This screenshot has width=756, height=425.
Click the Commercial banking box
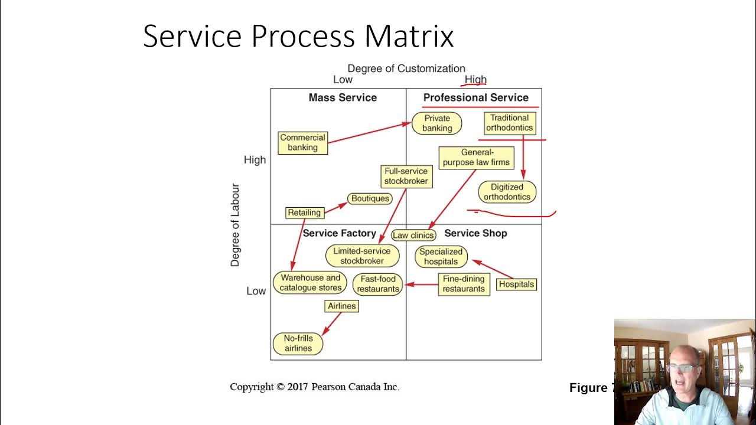[x=303, y=143]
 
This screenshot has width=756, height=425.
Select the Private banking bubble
[x=436, y=123]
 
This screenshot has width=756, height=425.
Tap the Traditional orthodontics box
[x=510, y=123]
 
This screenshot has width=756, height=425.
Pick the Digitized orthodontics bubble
[x=507, y=192]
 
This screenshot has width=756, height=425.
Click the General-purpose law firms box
[x=476, y=158]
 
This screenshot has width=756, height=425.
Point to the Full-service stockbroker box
[x=406, y=176]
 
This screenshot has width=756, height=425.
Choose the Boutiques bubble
[x=370, y=198]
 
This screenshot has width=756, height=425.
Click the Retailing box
[x=305, y=212]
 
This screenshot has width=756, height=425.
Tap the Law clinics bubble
[x=413, y=235]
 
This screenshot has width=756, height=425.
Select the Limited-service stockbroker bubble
[x=362, y=256]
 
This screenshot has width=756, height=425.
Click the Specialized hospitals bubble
[x=441, y=257]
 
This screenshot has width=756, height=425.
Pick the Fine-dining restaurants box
[x=464, y=285]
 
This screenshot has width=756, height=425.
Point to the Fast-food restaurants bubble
[x=377, y=284]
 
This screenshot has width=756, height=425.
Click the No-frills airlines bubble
[x=298, y=344]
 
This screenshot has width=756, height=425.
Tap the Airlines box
[x=341, y=306]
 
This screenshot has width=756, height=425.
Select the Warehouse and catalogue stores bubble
[x=310, y=283]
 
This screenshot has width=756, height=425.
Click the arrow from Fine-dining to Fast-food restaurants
[x=421, y=285]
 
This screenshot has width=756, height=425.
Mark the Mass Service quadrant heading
[x=343, y=97]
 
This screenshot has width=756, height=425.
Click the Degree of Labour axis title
[x=235, y=225]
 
